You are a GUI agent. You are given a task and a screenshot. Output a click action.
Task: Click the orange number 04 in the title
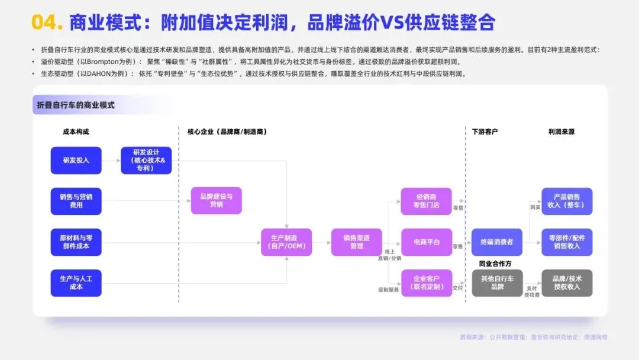click(47, 22)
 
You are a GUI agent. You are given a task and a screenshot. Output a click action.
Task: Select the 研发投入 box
click(76, 160)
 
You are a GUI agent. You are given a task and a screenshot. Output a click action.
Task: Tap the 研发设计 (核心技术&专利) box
click(146, 160)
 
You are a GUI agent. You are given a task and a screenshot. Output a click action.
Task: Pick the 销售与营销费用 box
click(76, 201)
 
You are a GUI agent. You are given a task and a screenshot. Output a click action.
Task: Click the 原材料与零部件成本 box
click(76, 242)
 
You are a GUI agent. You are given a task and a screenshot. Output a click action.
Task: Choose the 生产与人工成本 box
click(76, 282)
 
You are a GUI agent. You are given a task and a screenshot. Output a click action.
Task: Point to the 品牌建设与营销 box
click(216, 201)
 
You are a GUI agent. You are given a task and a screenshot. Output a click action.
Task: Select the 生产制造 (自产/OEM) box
click(286, 242)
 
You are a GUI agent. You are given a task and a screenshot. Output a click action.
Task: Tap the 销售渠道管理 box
click(356, 242)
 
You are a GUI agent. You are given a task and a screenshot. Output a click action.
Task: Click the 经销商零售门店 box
click(426, 201)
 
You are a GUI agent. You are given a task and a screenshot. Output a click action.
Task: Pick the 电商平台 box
click(426, 242)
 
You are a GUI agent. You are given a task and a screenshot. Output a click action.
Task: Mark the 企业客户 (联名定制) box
click(426, 282)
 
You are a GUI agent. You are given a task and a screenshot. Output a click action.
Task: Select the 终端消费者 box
click(496, 242)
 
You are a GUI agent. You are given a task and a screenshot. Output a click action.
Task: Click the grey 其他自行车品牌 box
click(496, 282)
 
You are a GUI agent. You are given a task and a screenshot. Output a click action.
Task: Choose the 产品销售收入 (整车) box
click(567, 201)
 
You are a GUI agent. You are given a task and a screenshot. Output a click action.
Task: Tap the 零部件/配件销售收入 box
click(567, 242)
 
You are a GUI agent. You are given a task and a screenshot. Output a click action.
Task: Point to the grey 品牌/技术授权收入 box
click(567, 282)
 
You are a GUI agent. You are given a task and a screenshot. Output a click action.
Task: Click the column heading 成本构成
click(76, 131)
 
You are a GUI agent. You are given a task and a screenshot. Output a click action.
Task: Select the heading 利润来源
click(561, 131)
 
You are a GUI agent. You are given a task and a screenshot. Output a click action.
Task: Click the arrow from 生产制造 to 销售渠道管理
click(321, 242)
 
